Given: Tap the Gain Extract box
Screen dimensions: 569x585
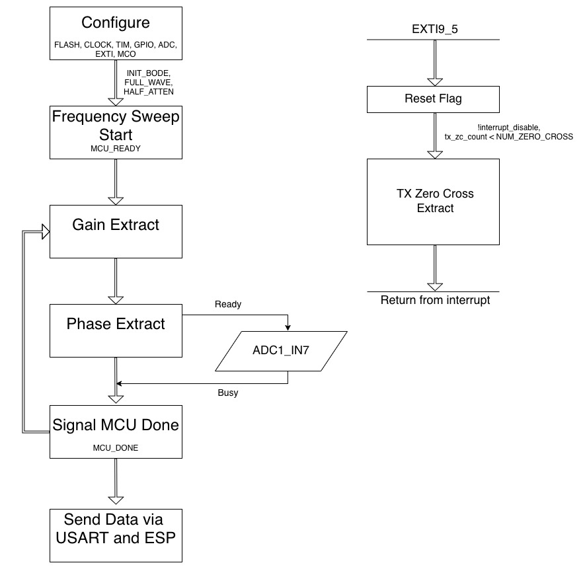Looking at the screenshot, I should tap(116, 231).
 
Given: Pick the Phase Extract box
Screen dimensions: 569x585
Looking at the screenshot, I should tap(116, 330).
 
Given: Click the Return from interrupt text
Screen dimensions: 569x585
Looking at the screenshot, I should tap(434, 301).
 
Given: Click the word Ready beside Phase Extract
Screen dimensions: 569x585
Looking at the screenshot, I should tap(228, 305).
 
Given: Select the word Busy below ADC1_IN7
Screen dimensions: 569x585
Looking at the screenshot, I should tap(228, 393).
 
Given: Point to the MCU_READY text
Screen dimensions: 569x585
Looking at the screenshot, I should tap(116, 149).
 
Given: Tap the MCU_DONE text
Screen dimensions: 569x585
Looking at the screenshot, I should tap(116, 447).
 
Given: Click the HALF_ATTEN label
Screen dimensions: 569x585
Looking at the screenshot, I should tap(149, 91).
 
